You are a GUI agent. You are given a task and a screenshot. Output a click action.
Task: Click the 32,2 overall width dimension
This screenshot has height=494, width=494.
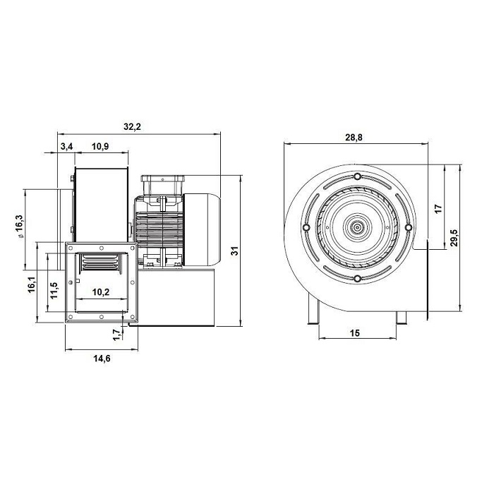point(132,126)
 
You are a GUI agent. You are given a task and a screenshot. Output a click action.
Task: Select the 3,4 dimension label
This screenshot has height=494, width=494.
point(66,147)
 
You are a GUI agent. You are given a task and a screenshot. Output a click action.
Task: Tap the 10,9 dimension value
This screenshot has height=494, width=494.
point(100,147)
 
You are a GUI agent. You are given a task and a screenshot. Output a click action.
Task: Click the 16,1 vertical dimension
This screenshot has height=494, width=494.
point(32,285)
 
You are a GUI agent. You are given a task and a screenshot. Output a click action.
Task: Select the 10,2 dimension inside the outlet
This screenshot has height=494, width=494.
point(101,292)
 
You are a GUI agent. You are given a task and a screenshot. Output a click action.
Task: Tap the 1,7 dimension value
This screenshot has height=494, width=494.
point(117,335)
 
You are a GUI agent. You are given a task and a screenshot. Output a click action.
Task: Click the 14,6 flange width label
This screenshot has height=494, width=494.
point(102,359)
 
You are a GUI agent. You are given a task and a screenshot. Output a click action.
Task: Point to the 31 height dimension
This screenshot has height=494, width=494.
point(235,251)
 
